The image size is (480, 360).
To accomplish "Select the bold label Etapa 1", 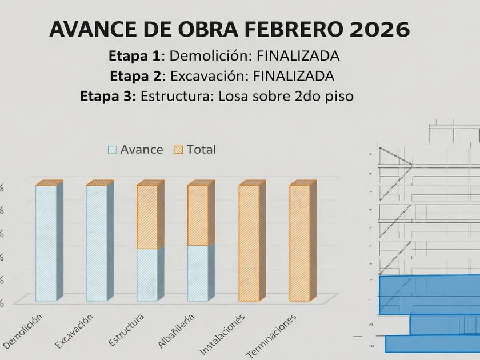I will click(136, 56).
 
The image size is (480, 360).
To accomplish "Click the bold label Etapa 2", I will click(138, 75).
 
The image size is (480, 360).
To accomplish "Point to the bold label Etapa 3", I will click(109, 95).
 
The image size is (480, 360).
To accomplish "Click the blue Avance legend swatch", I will click(112, 150).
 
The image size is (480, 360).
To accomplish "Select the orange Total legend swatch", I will click(178, 150).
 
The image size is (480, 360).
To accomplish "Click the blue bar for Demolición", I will click(46, 242).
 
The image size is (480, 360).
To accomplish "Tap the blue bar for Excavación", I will click(97, 242).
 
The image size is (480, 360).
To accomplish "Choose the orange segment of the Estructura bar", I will click(147, 217).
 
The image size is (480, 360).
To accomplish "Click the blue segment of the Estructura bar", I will click(147, 274).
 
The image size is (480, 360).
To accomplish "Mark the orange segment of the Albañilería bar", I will click(198, 215).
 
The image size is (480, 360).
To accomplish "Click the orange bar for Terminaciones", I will click(299, 242).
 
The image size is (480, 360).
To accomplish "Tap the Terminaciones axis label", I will click(271, 335).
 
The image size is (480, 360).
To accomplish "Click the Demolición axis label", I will click(23, 331).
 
